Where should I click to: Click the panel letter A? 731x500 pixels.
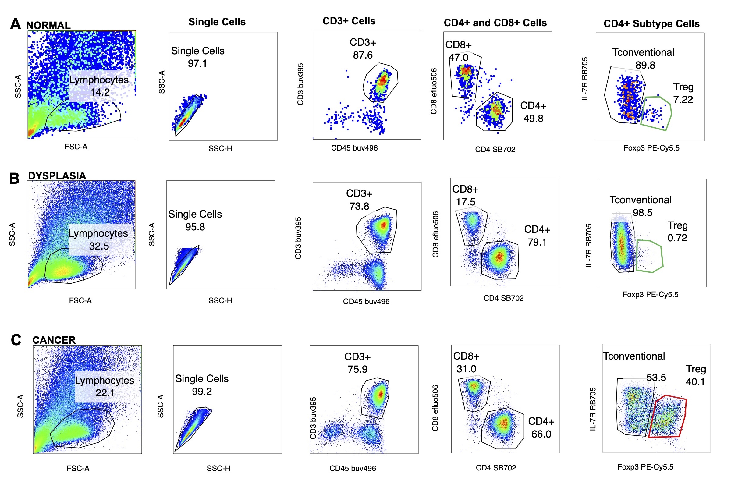tap(16, 24)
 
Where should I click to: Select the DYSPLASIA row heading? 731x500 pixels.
tap(57, 176)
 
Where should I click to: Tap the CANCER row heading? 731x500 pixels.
tap(54, 340)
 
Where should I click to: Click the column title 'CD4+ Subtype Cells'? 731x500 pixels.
tap(651, 23)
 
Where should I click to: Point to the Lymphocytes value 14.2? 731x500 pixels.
tap(100, 92)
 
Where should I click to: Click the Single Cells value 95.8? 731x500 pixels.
tap(195, 227)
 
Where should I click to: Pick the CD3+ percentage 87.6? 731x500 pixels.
tap(362, 55)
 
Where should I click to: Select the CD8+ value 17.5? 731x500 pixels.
tap(465, 202)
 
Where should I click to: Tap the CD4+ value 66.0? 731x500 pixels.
tap(541, 434)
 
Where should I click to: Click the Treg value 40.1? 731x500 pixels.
tap(695, 381)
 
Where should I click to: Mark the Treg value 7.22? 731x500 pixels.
tap(683, 99)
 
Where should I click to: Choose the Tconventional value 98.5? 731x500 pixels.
tap(642, 213)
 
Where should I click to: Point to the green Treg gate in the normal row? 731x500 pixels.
tap(656, 113)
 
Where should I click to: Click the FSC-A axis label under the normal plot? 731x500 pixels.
tap(76, 147)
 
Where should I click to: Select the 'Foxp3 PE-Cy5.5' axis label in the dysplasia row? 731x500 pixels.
tap(650, 294)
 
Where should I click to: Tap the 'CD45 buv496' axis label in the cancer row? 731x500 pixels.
tap(352, 468)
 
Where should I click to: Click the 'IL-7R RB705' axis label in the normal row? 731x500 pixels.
tap(584, 79)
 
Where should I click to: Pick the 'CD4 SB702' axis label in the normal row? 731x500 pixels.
tap(495, 149)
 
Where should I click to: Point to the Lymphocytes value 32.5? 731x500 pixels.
tap(99, 246)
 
